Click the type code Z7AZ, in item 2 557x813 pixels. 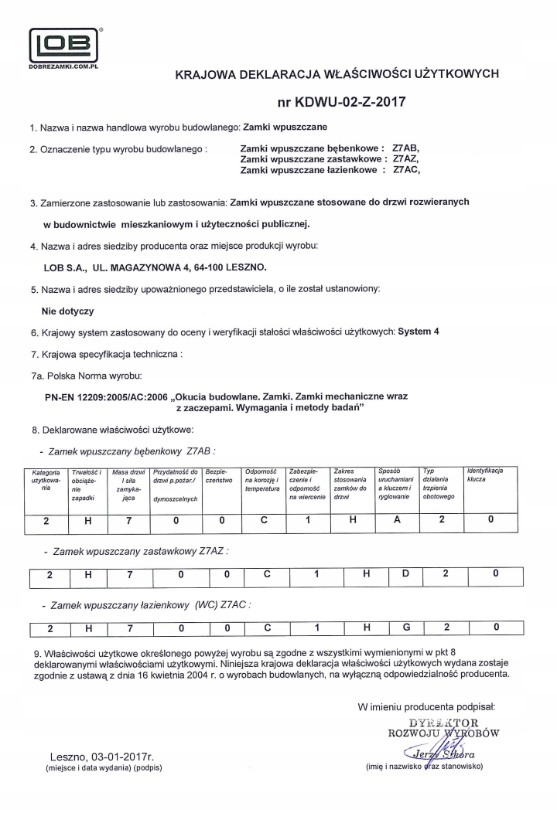[x=406, y=158]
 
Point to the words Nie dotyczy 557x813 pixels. [x=67, y=311]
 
